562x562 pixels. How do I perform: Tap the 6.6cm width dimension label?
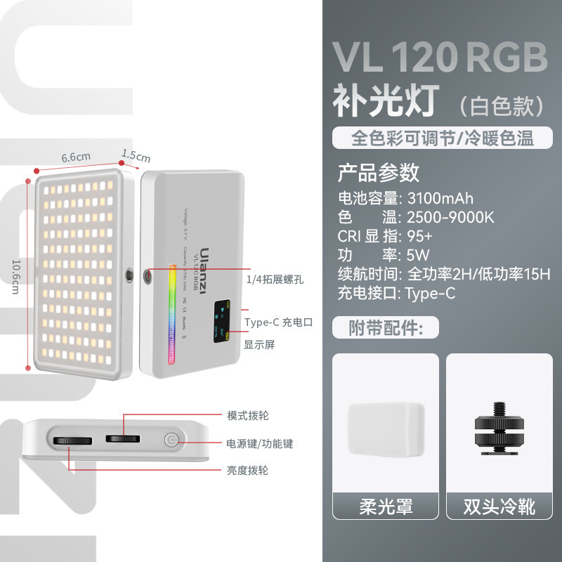click(x=76, y=157)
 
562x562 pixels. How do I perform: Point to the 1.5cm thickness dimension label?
click(x=136, y=154)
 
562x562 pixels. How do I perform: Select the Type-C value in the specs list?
click(x=430, y=293)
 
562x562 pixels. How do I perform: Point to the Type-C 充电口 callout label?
click(x=277, y=322)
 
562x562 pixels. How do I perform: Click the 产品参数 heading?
click(x=379, y=171)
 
